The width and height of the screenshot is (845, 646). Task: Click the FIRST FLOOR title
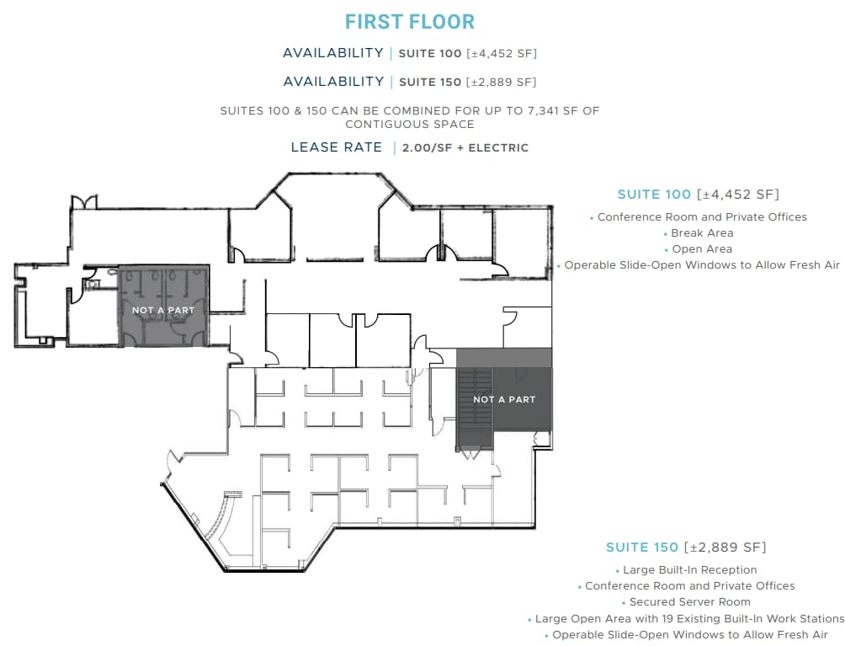pyautogui.click(x=410, y=22)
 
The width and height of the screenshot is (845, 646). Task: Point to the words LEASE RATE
pyautogui.click(x=337, y=147)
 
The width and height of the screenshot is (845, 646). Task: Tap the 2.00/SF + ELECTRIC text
pyautogui.click(x=465, y=148)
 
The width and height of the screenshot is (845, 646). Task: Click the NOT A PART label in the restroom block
pyautogui.click(x=163, y=310)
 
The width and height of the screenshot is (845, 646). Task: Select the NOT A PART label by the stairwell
pyautogui.click(x=504, y=399)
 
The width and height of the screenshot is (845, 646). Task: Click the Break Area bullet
pyautogui.click(x=702, y=233)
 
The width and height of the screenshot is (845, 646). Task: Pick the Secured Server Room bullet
pyautogui.click(x=690, y=602)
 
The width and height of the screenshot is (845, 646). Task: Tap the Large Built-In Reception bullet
pyautogui.click(x=690, y=570)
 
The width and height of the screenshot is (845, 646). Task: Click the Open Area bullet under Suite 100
pyautogui.click(x=702, y=249)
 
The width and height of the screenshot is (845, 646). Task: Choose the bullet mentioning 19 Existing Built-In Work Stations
pyautogui.click(x=689, y=618)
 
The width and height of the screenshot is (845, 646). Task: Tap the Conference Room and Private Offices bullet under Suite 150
pyautogui.click(x=690, y=586)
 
